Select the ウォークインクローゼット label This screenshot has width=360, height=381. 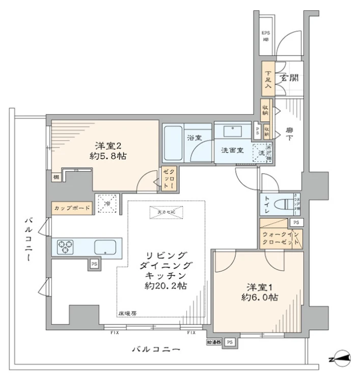coord(281,238)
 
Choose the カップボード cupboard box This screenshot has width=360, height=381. coord(72,208)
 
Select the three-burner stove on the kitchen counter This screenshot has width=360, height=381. coord(65,248)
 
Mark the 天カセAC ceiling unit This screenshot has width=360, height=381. coord(165,213)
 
